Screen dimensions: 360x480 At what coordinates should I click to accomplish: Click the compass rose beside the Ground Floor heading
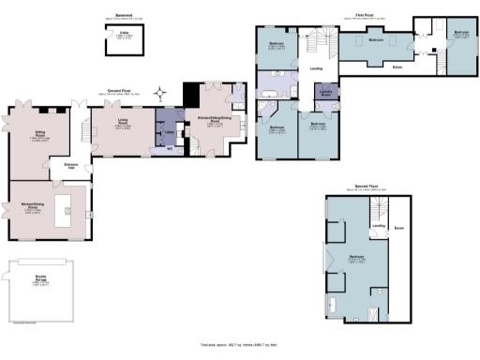(x=161, y=92)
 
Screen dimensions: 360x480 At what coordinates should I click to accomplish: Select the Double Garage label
(x=41, y=278)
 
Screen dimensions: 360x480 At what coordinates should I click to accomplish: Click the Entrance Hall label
(x=71, y=167)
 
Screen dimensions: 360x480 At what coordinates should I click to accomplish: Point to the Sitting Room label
(x=39, y=137)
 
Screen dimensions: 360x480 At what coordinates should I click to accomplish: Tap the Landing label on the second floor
(x=379, y=226)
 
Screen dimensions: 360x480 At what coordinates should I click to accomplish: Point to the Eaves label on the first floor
(x=397, y=66)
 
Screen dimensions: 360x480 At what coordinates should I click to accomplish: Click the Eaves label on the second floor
(x=400, y=228)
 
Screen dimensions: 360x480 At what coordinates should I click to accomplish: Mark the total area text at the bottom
(x=240, y=346)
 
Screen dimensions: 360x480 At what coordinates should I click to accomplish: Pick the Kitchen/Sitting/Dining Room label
(x=212, y=121)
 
